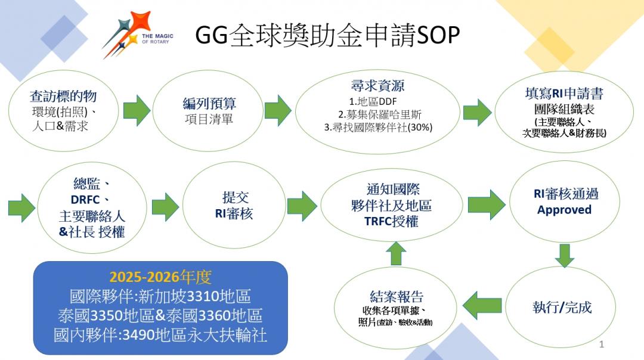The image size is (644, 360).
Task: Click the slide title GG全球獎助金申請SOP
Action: (327, 35)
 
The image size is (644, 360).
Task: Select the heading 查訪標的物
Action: (63, 97)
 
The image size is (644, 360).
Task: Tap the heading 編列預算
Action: (209, 104)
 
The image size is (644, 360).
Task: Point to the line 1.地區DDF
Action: (373, 101)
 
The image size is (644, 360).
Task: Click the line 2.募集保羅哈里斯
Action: (379, 114)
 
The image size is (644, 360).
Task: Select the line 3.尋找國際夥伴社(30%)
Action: (378, 128)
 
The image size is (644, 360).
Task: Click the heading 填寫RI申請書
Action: (564, 94)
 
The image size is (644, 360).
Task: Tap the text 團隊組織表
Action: (564, 109)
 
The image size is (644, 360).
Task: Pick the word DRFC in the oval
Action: (85, 200)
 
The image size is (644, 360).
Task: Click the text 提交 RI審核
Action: (234, 205)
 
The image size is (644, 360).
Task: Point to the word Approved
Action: (564, 210)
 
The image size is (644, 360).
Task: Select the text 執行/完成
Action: (562, 307)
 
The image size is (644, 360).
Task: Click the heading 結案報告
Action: (397, 296)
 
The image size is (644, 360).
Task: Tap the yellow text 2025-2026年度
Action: (160, 277)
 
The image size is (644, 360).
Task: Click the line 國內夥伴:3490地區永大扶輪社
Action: (160, 335)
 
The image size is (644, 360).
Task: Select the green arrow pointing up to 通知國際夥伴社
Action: (397, 253)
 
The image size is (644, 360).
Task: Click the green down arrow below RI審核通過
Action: (564, 256)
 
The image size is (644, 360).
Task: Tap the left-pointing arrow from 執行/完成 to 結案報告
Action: (482, 305)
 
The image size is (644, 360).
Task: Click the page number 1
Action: (602, 345)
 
